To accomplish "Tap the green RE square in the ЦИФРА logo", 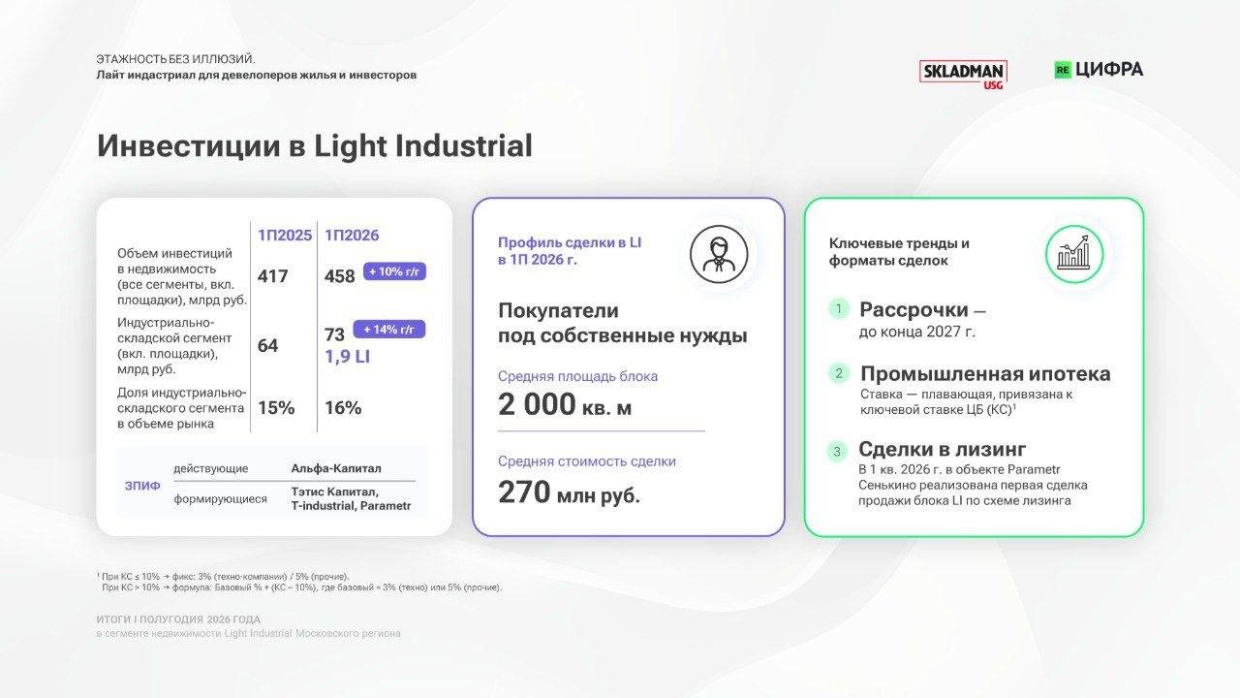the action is [x=1063, y=70].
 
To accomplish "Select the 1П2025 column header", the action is [x=285, y=236].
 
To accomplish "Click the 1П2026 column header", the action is [x=352, y=236].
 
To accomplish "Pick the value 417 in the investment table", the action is [x=272, y=276].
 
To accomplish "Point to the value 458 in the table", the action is [x=339, y=276].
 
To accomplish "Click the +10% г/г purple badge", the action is [x=394, y=271].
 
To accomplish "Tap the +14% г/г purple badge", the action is [x=389, y=329].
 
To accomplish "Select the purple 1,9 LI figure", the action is [x=347, y=357].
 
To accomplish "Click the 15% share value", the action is [x=276, y=408].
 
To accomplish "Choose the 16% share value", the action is [x=343, y=408].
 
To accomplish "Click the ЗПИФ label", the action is [x=142, y=486].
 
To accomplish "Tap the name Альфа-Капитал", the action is [x=336, y=468].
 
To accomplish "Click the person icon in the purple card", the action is [x=719, y=254].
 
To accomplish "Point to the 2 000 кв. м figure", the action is [x=565, y=405].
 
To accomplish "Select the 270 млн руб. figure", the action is [x=569, y=492].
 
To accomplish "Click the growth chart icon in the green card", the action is [x=1074, y=254].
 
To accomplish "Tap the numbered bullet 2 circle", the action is [x=839, y=373].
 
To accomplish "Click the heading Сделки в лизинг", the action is [x=943, y=449].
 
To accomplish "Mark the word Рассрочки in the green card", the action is [x=914, y=309].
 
